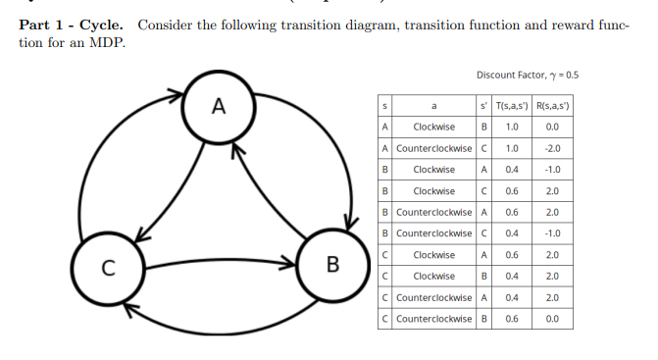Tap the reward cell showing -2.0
coord(552,148)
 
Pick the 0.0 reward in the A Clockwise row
coord(552,127)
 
